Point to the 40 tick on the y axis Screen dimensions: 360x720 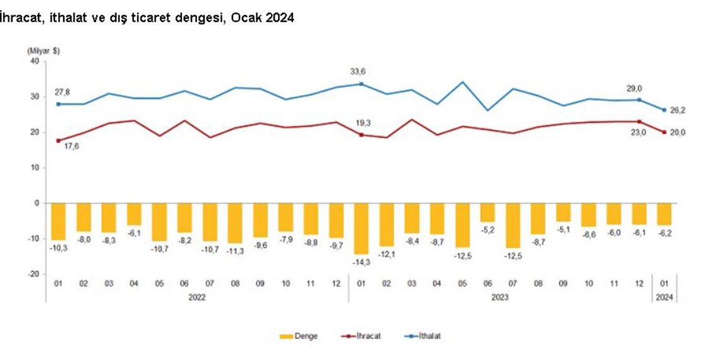pyautogui.click(x=34, y=61)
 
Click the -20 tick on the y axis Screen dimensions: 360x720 pyautogui.click(x=33, y=274)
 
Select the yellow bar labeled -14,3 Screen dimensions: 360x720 pyautogui.click(x=361, y=228)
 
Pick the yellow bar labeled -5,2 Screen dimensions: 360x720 pyautogui.click(x=487, y=212)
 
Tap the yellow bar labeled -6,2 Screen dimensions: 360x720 pyautogui.click(x=664, y=214)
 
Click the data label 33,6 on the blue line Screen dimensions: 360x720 pyautogui.click(x=358, y=71)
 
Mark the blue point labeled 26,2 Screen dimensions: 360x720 pyautogui.click(x=664, y=110)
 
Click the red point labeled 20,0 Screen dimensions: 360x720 pyautogui.click(x=664, y=132)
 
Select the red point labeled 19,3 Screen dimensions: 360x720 pyautogui.click(x=361, y=135)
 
